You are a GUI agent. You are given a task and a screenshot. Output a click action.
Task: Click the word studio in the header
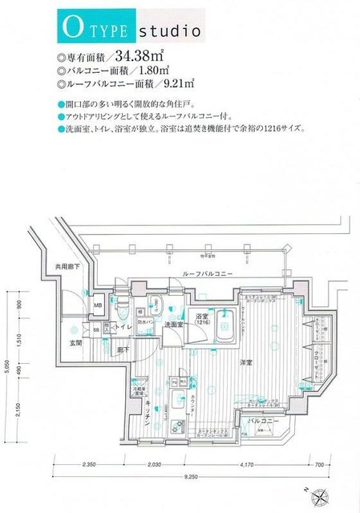(x=169, y=33)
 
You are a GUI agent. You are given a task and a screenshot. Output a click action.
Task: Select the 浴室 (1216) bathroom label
(x=203, y=321)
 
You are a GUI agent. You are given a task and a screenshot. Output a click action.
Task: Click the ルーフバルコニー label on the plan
(x=208, y=274)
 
